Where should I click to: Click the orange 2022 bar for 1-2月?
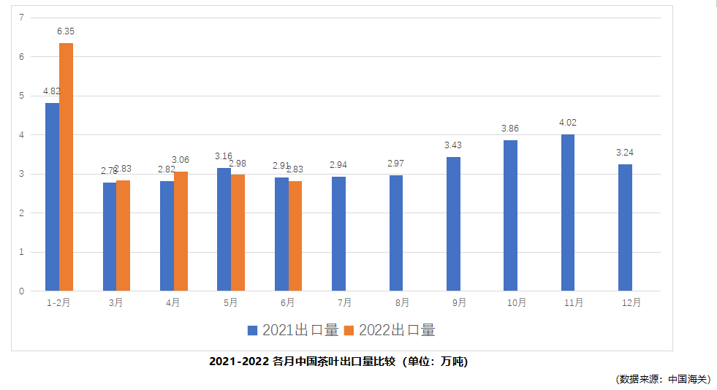pyautogui.click(x=66, y=167)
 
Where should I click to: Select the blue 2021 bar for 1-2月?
pyautogui.click(x=52, y=197)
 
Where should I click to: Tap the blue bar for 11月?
pyautogui.click(x=568, y=213)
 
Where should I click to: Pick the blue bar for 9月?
pyautogui.click(x=453, y=223)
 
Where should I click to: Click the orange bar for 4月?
pyautogui.click(x=181, y=231)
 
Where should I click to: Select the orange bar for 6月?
pyautogui.click(x=295, y=235)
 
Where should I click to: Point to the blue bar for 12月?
pyautogui.click(x=625, y=227)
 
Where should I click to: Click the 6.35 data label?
pyautogui.click(x=66, y=31)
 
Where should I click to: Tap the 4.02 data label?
pyautogui.click(x=568, y=123)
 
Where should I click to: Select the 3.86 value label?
pyautogui.click(x=510, y=129)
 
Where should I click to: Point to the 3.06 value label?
pyautogui.click(x=181, y=160)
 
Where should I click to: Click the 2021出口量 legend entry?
pyautogui.click(x=293, y=330)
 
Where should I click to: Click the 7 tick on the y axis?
pyautogui.click(x=21, y=18)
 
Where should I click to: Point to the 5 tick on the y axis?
pyautogui.click(x=21, y=96)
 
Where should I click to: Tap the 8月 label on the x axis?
pyautogui.click(x=402, y=302)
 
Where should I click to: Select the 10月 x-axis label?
pyautogui.click(x=516, y=302)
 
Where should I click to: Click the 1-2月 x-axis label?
pyautogui.click(x=58, y=302)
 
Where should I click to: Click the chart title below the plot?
pyautogui.click(x=338, y=362)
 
